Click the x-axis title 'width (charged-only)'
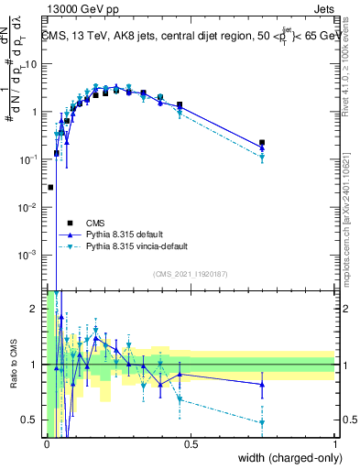tap(286, 458)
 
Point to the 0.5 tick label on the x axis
tap(191, 442)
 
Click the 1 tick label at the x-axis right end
tap(334, 442)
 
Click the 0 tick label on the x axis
tap(47, 442)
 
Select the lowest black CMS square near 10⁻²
tap(50, 187)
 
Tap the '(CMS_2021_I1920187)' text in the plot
tap(190, 273)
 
